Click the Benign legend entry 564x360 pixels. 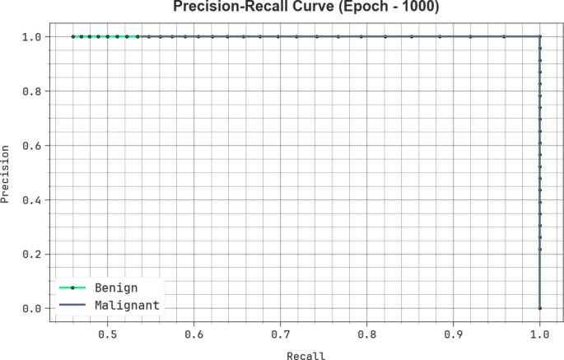pos(115,288)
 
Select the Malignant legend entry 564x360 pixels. pos(126,306)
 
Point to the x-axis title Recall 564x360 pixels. pos(305,356)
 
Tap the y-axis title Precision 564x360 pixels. pos(7,174)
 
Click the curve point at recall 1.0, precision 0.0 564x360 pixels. pos(540,308)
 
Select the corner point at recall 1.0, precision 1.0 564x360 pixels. pos(540,36)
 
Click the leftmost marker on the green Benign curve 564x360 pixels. pos(72,36)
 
